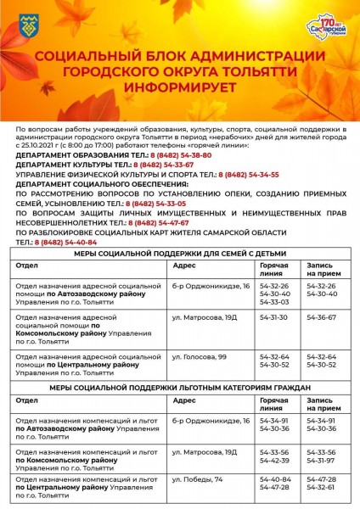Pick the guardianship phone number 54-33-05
click(157, 204)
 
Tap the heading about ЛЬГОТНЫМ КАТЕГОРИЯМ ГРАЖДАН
click(179, 388)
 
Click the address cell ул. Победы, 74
click(197, 480)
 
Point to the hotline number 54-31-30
click(274, 316)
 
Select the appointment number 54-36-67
click(321, 316)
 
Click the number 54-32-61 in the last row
click(321, 488)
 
